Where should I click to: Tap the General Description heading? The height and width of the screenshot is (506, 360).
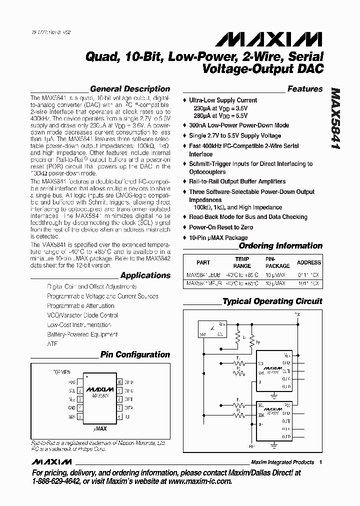tap(130, 89)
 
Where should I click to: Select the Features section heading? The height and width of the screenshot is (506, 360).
tap(305, 89)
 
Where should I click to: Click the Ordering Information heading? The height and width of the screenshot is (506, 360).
tap(280, 245)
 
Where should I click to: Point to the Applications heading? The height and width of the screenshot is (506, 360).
tap(145, 275)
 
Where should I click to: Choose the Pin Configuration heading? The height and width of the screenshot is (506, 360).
tap(135, 354)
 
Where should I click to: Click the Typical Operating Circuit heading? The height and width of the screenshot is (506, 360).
tap(272, 301)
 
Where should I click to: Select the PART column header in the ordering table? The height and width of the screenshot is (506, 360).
tap(203, 262)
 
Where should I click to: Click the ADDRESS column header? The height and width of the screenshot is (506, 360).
tap(309, 262)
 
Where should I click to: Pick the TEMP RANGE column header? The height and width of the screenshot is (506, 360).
tap(242, 262)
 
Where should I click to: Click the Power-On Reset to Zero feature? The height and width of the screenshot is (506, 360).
tap(221, 227)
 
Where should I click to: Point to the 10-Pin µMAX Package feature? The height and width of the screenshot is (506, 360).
tap(218, 237)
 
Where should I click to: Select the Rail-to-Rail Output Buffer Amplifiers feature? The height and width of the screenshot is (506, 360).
tap(237, 181)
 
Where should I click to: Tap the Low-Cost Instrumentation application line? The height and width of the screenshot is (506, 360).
tap(79, 325)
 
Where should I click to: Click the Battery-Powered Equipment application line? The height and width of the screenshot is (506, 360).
tap(82, 334)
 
